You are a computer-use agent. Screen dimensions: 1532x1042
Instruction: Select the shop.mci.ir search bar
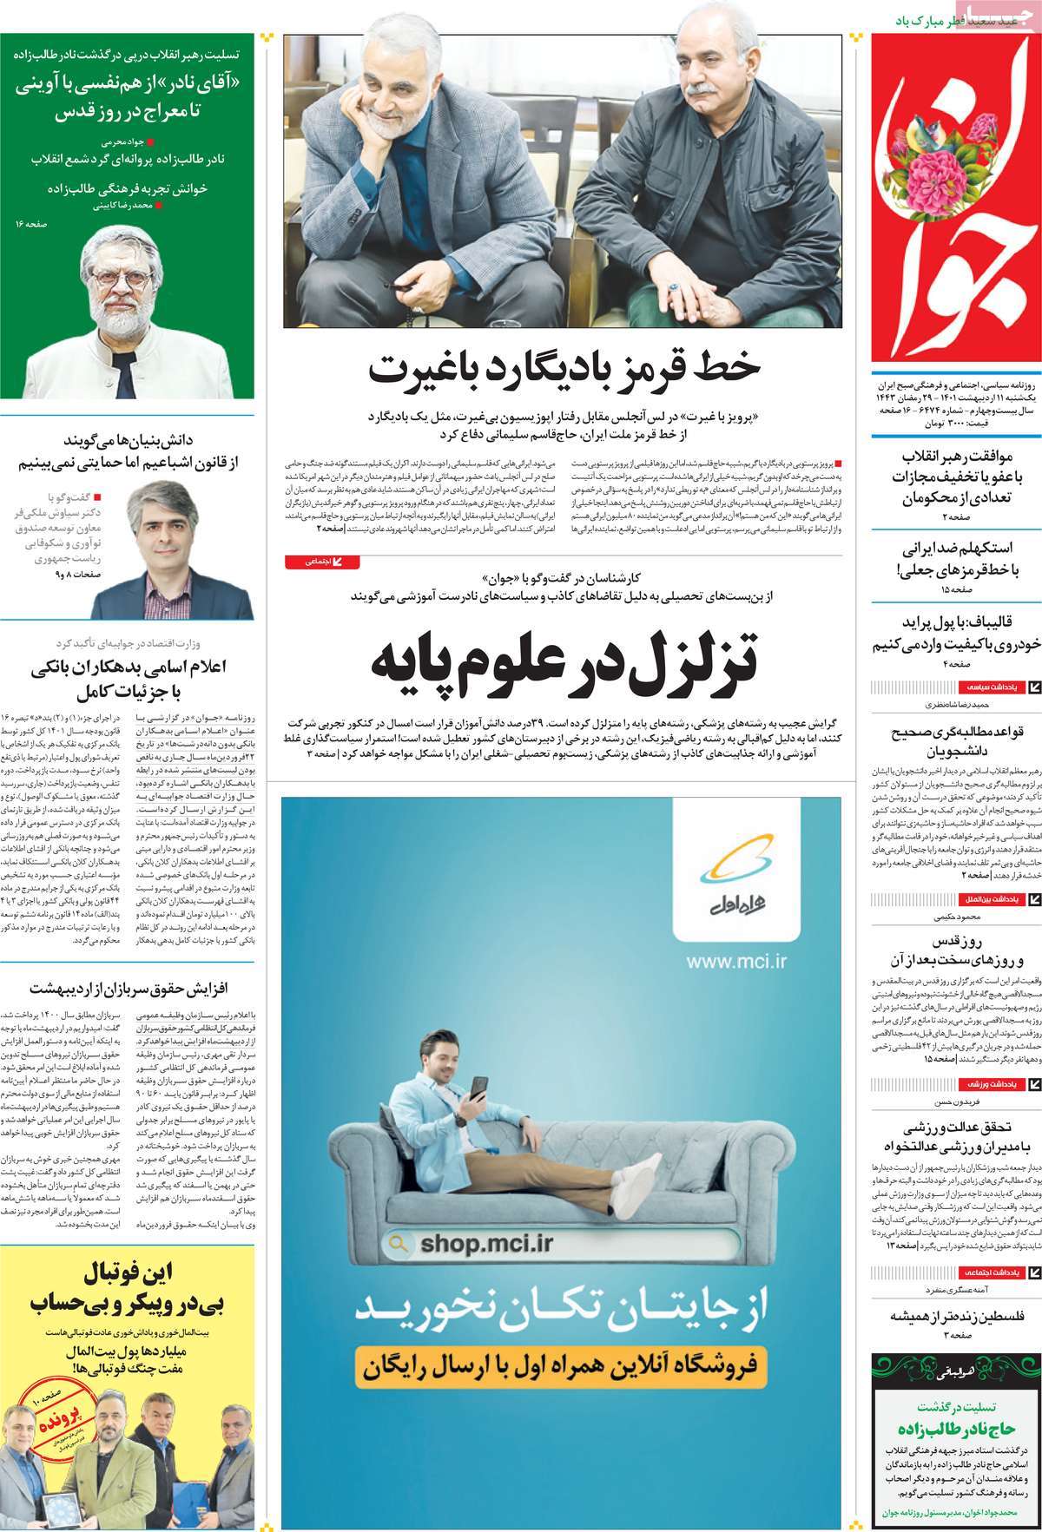[x=560, y=1244]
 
